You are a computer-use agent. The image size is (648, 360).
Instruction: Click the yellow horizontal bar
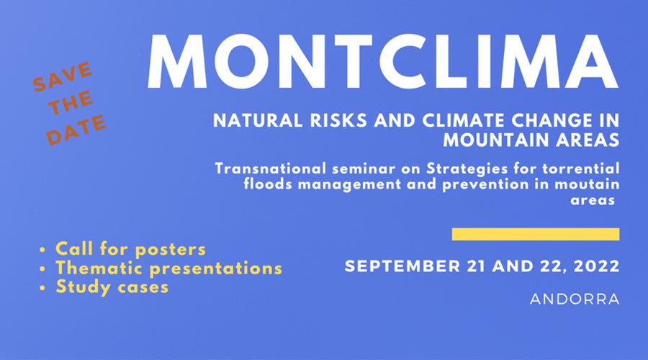(x=536, y=234)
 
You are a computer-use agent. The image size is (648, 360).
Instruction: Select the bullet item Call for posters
(x=130, y=249)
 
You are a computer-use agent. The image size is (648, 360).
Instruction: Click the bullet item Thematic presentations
(x=168, y=268)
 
